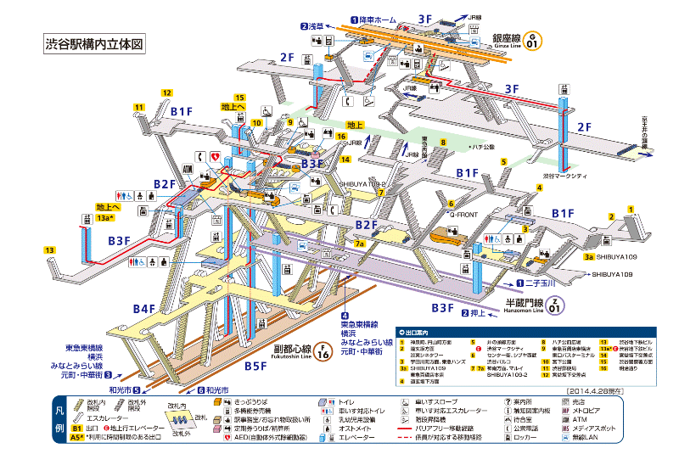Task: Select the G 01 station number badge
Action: pyautogui.click(x=533, y=39)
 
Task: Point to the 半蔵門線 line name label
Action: pyautogui.click(x=528, y=302)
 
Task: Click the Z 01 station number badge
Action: pyautogui.click(x=555, y=303)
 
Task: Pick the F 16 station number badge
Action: pyautogui.click(x=324, y=350)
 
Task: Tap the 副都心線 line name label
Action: pyautogui.click(x=290, y=346)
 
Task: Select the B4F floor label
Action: pyautogui.click(x=143, y=308)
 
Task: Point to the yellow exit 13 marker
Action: pyautogui.click(x=51, y=249)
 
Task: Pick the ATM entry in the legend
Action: pyautogui.click(x=579, y=418)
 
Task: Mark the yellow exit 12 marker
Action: pyautogui.click(x=167, y=92)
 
